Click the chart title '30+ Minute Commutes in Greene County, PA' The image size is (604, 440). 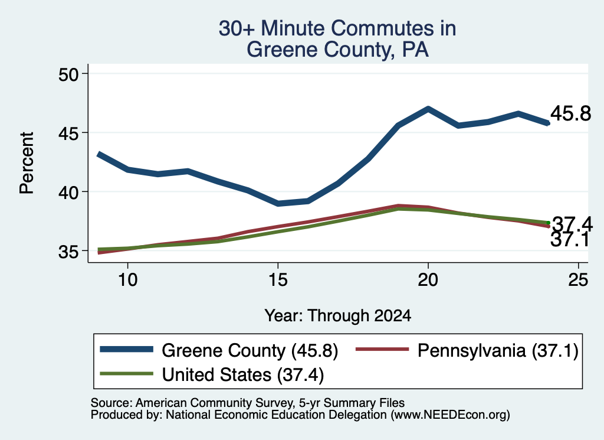pos(337,38)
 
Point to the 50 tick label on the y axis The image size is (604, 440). pos(68,74)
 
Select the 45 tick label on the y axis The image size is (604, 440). pos(68,133)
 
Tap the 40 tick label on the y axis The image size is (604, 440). pos(68,193)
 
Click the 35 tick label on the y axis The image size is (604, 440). pos(68,252)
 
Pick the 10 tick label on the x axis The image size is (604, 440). pos(127,279)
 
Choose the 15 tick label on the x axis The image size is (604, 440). pos(278,279)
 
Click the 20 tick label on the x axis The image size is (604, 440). pos(428,279)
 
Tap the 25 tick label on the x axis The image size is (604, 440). pos(578,279)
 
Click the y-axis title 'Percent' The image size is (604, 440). pos(27,163)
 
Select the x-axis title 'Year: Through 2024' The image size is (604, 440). pos(338,315)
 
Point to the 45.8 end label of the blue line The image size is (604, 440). pos(570,114)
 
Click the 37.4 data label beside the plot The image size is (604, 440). pos(572,224)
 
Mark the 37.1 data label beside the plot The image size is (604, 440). pos(570,240)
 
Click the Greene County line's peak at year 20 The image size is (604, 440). pos(428,109)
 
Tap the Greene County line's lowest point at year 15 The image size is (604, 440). pos(278,203)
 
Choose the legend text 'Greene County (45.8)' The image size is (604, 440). pos(250,351)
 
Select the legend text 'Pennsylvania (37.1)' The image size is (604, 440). pos(498,351)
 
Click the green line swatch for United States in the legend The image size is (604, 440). pos(126,373)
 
